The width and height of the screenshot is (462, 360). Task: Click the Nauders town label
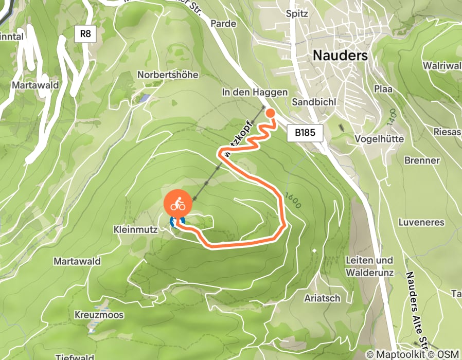[x=340, y=55]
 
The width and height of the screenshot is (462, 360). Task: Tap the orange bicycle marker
[x=178, y=204]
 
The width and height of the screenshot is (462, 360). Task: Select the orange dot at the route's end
[x=270, y=114]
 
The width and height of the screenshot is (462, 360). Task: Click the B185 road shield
[x=305, y=133]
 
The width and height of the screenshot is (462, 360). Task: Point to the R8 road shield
[x=85, y=34]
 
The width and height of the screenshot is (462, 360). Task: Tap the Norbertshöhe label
[x=168, y=75]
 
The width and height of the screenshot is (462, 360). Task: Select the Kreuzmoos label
[x=99, y=315]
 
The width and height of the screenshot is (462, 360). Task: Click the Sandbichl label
[x=314, y=102]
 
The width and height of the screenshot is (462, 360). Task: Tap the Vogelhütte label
[x=379, y=139]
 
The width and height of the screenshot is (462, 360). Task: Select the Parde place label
[x=224, y=24]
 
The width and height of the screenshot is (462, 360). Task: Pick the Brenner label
[x=422, y=160]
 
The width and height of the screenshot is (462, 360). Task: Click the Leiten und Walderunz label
[x=369, y=266]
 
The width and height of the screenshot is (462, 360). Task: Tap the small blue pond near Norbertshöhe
[x=146, y=97]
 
